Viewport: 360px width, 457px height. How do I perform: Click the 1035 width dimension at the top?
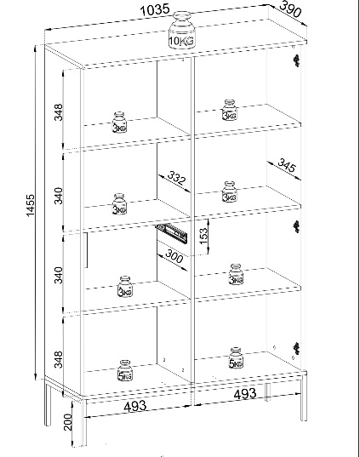point(155,10)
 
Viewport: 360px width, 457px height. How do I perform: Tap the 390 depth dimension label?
point(290,9)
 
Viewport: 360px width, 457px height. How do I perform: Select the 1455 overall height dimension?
point(31,205)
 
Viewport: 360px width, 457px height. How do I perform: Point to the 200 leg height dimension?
point(67,422)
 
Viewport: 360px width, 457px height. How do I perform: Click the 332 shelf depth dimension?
point(176,178)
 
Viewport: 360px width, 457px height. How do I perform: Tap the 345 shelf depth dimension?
point(287,165)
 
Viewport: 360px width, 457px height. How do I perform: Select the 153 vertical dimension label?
point(203,236)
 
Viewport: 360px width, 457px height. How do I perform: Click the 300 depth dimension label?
point(174,256)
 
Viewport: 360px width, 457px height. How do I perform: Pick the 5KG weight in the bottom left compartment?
point(125,370)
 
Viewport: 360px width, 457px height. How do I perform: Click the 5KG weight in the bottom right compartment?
point(236,358)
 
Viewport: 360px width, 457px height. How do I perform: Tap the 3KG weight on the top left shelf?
point(119,123)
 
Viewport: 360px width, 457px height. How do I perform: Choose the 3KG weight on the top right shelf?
point(230,110)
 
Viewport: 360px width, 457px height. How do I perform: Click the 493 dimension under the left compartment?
point(134,406)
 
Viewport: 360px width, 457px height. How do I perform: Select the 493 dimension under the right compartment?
point(245,394)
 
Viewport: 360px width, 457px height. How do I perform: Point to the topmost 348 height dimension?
point(59,112)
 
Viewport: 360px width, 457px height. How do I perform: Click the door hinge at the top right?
point(296,60)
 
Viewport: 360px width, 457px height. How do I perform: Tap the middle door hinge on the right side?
point(296,226)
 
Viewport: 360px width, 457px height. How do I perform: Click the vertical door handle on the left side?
point(86,250)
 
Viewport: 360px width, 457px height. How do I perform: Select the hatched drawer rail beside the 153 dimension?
point(172,232)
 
